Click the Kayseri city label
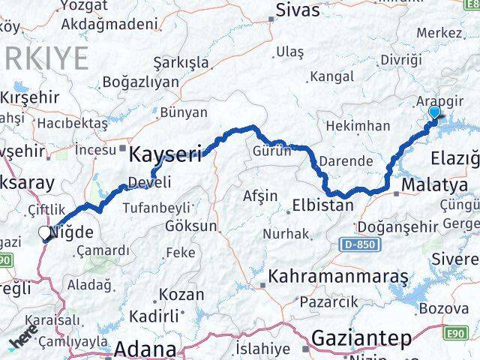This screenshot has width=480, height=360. pyautogui.click(x=166, y=155)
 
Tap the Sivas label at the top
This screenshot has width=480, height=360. pyautogui.click(x=298, y=10)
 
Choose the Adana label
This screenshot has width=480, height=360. pyautogui.click(x=145, y=349)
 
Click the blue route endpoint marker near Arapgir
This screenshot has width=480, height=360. pyautogui.click(x=433, y=114)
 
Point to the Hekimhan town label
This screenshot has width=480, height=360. pyautogui.click(x=358, y=126)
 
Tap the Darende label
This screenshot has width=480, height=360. pyautogui.click(x=345, y=161)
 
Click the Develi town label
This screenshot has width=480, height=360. pyautogui.click(x=149, y=182)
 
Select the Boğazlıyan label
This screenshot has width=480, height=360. pyautogui.click(x=140, y=82)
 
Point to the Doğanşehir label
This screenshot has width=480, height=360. pyautogui.click(x=395, y=226)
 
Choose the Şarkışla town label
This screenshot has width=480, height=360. pyautogui.click(x=181, y=61)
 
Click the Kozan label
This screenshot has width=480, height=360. pyautogui.click(x=181, y=295)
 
